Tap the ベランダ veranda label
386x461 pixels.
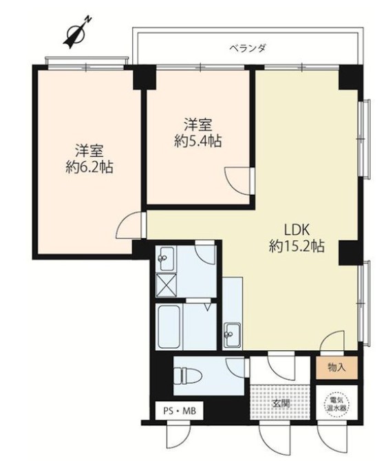click(x=248, y=47)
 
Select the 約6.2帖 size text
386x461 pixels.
click(x=89, y=168)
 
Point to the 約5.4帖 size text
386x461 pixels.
click(x=197, y=142)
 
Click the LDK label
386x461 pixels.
click(x=297, y=230)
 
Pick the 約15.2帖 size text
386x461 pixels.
click(x=297, y=246)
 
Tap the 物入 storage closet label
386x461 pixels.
click(x=336, y=367)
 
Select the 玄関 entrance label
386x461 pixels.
click(x=281, y=404)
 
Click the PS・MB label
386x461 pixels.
click(x=180, y=411)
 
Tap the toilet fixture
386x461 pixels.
click(x=187, y=375)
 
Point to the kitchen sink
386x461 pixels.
click(x=233, y=335)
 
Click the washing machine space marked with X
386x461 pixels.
click(x=167, y=285)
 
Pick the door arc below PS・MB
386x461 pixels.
click(x=176, y=440)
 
